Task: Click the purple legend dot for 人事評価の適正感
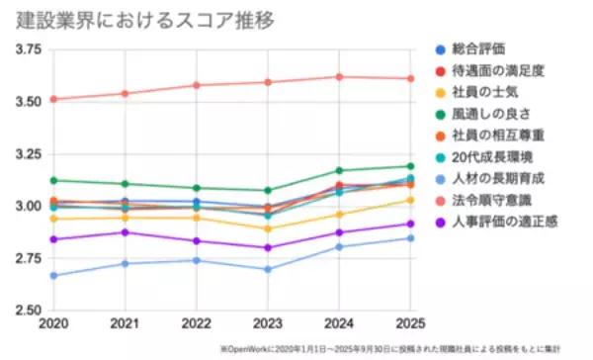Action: tap(441, 222)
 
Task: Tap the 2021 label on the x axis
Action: tap(125, 324)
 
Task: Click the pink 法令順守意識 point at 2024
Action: tap(339, 76)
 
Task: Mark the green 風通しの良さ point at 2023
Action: tap(268, 190)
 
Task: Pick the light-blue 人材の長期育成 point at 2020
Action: tap(53, 275)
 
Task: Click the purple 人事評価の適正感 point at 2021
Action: tap(125, 232)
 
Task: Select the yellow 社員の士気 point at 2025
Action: tap(410, 200)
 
